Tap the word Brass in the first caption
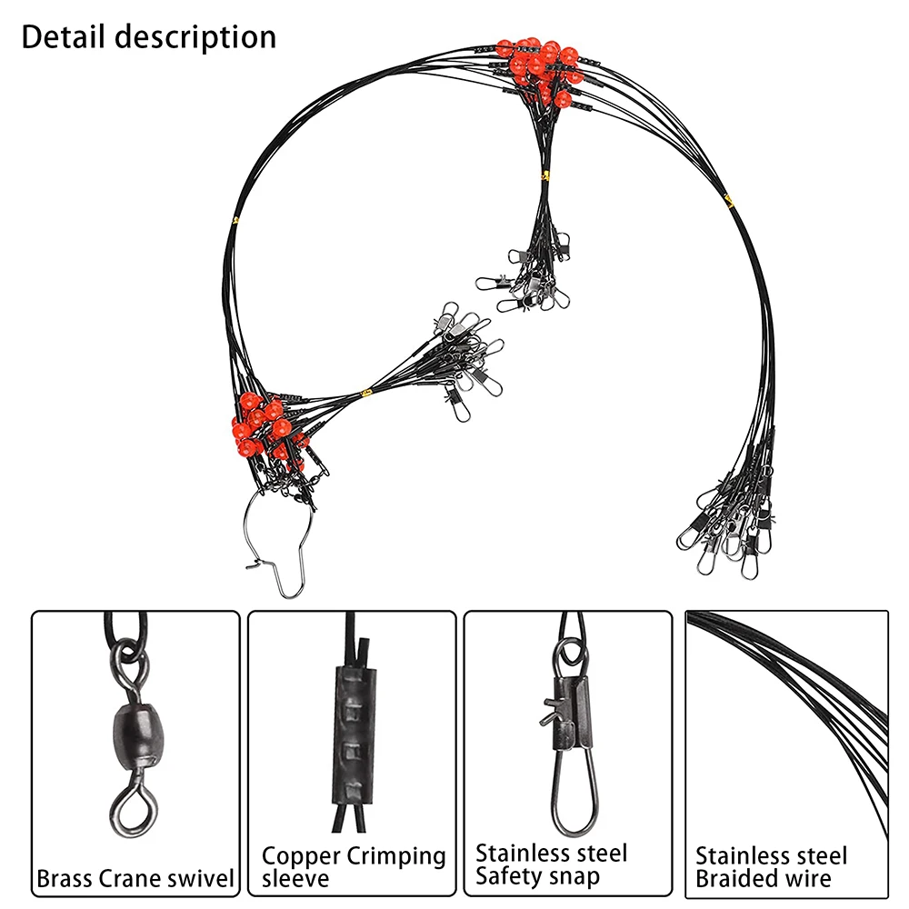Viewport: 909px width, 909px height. click(64, 879)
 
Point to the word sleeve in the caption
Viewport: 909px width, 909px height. click(295, 879)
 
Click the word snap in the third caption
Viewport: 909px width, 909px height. click(574, 878)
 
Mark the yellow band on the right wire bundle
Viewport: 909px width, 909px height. click(727, 199)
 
